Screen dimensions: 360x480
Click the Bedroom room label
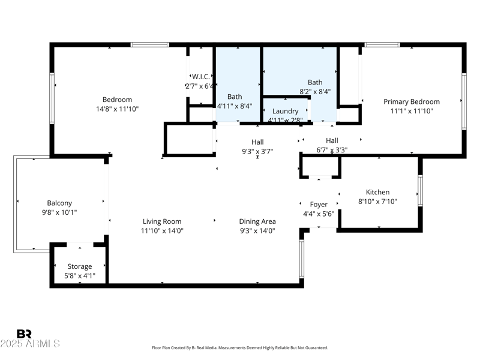tap(117, 100)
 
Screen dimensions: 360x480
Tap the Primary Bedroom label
tap(412, 102)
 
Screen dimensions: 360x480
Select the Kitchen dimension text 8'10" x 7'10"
tap(377, 202)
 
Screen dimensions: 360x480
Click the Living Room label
tap(162, 221)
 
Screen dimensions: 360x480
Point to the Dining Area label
tap(257, 221)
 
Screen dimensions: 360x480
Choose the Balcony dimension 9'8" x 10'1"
tap(59, 212)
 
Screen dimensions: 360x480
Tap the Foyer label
tap(319, 205)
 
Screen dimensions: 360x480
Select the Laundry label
tap(285, 112)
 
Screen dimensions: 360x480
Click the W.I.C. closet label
tap(201, 77)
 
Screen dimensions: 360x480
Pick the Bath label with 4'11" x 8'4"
tap(235, 97)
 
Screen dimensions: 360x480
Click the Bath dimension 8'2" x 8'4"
tap(315, 92)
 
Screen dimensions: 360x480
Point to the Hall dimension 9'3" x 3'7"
tap(257, 151)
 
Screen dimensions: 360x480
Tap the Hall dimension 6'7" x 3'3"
tap(332, 149)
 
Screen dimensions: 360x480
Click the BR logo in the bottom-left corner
tap(24, 334)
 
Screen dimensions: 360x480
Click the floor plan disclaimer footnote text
tap(240, 348)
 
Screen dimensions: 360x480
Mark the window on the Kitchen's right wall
tap(420, 191)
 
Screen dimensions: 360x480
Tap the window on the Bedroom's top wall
tap(150, 44)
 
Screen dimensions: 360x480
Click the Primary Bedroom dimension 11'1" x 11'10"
tap(412, 111)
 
